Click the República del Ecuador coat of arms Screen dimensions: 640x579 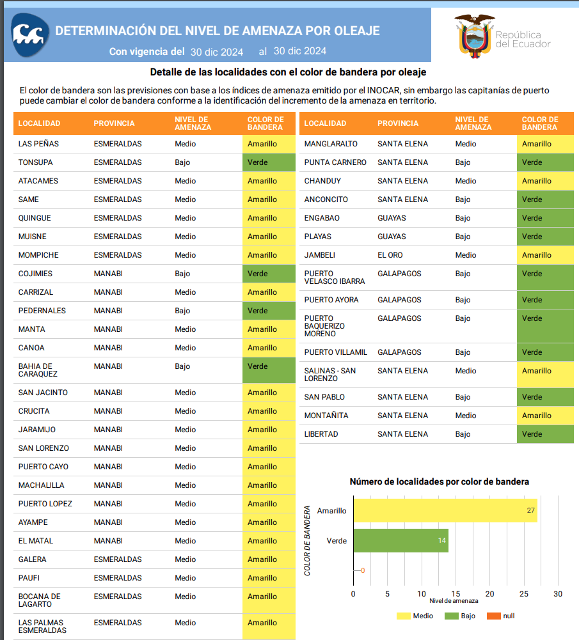pyautogui.click(x=475, y=36)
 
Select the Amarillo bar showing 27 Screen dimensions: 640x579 pyautogui.click(x=445, y=511)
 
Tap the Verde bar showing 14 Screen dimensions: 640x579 pyautogui.click(x=401, y=541)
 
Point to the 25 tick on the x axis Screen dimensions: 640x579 pyautogui.click(x=523, y=594)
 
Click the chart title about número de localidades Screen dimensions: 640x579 pyautogui.click(x=439, y=481)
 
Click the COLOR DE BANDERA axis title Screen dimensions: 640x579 pyautogui.click(x=308, y=541)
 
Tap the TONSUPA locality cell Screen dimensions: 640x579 pyautogui.click(x=36, y=162)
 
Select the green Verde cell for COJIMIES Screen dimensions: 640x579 pyautogui.click(x=269, y=274)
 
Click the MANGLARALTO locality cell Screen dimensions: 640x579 pyautogui.click(x=331, y=144)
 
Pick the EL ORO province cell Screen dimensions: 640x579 pyautogui.click(x=390, y=255)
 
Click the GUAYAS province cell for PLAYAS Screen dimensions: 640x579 pyautogui.click(x=392, y=237)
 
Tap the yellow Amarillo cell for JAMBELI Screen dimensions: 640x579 pyautogui.click(x=544, y=255)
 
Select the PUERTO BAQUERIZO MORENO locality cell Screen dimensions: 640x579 pyautogui.click(x=324, y=326)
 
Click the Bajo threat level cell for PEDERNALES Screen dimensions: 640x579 pyautogui.click(x=182, y=311)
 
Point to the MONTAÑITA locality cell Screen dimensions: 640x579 pyautogui.click(x=326, y=416)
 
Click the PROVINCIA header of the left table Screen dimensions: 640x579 pyautogui.click(x=114, y=123)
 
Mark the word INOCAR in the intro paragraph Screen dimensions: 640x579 pyautogui.click(x=372, y=91)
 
